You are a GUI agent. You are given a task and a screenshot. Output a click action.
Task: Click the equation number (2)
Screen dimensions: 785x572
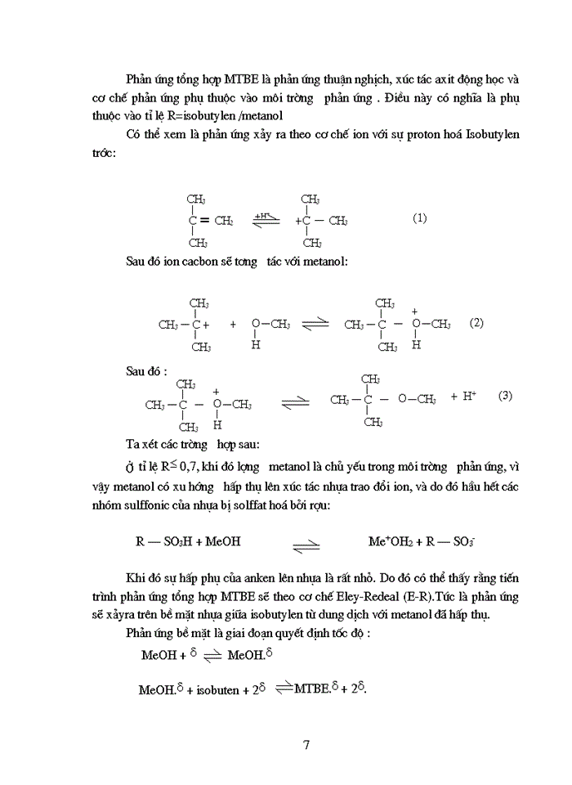coord(477,323)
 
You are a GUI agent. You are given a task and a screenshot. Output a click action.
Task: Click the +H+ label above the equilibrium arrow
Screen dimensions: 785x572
coord(263,214)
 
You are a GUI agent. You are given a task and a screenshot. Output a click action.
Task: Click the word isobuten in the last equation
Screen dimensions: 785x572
coord(214,690)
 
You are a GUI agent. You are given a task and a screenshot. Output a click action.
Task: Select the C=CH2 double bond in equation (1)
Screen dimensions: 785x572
coord(213,221)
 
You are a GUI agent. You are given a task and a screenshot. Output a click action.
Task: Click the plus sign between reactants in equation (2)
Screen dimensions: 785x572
coord(233,325)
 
